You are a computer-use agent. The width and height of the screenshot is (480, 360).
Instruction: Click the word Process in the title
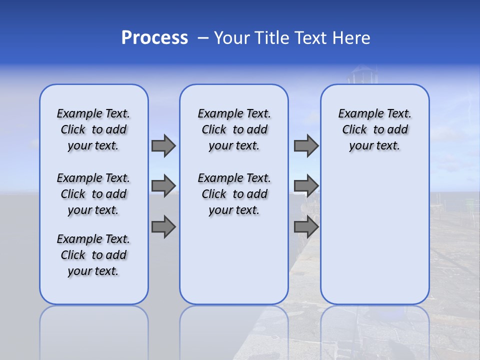154,38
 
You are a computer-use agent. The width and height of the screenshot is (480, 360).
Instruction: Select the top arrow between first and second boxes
163,145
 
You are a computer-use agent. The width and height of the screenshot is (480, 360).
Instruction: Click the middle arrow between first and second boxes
163,186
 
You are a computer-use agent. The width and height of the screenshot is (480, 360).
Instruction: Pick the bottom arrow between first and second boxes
163,227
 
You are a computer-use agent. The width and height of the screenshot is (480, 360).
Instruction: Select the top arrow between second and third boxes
306,145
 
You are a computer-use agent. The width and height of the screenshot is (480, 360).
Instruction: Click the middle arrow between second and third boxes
306,186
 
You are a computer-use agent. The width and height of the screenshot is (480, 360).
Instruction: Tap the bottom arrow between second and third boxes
306,227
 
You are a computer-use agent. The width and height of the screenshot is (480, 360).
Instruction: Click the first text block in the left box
93,129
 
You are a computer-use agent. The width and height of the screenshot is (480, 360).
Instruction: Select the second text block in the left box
93,194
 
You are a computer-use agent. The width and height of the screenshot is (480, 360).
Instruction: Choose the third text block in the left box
93,255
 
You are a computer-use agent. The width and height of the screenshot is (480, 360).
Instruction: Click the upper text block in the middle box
234,129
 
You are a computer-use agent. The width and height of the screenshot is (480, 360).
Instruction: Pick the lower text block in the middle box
234,194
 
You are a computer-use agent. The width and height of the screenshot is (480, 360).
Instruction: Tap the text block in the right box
374,129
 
